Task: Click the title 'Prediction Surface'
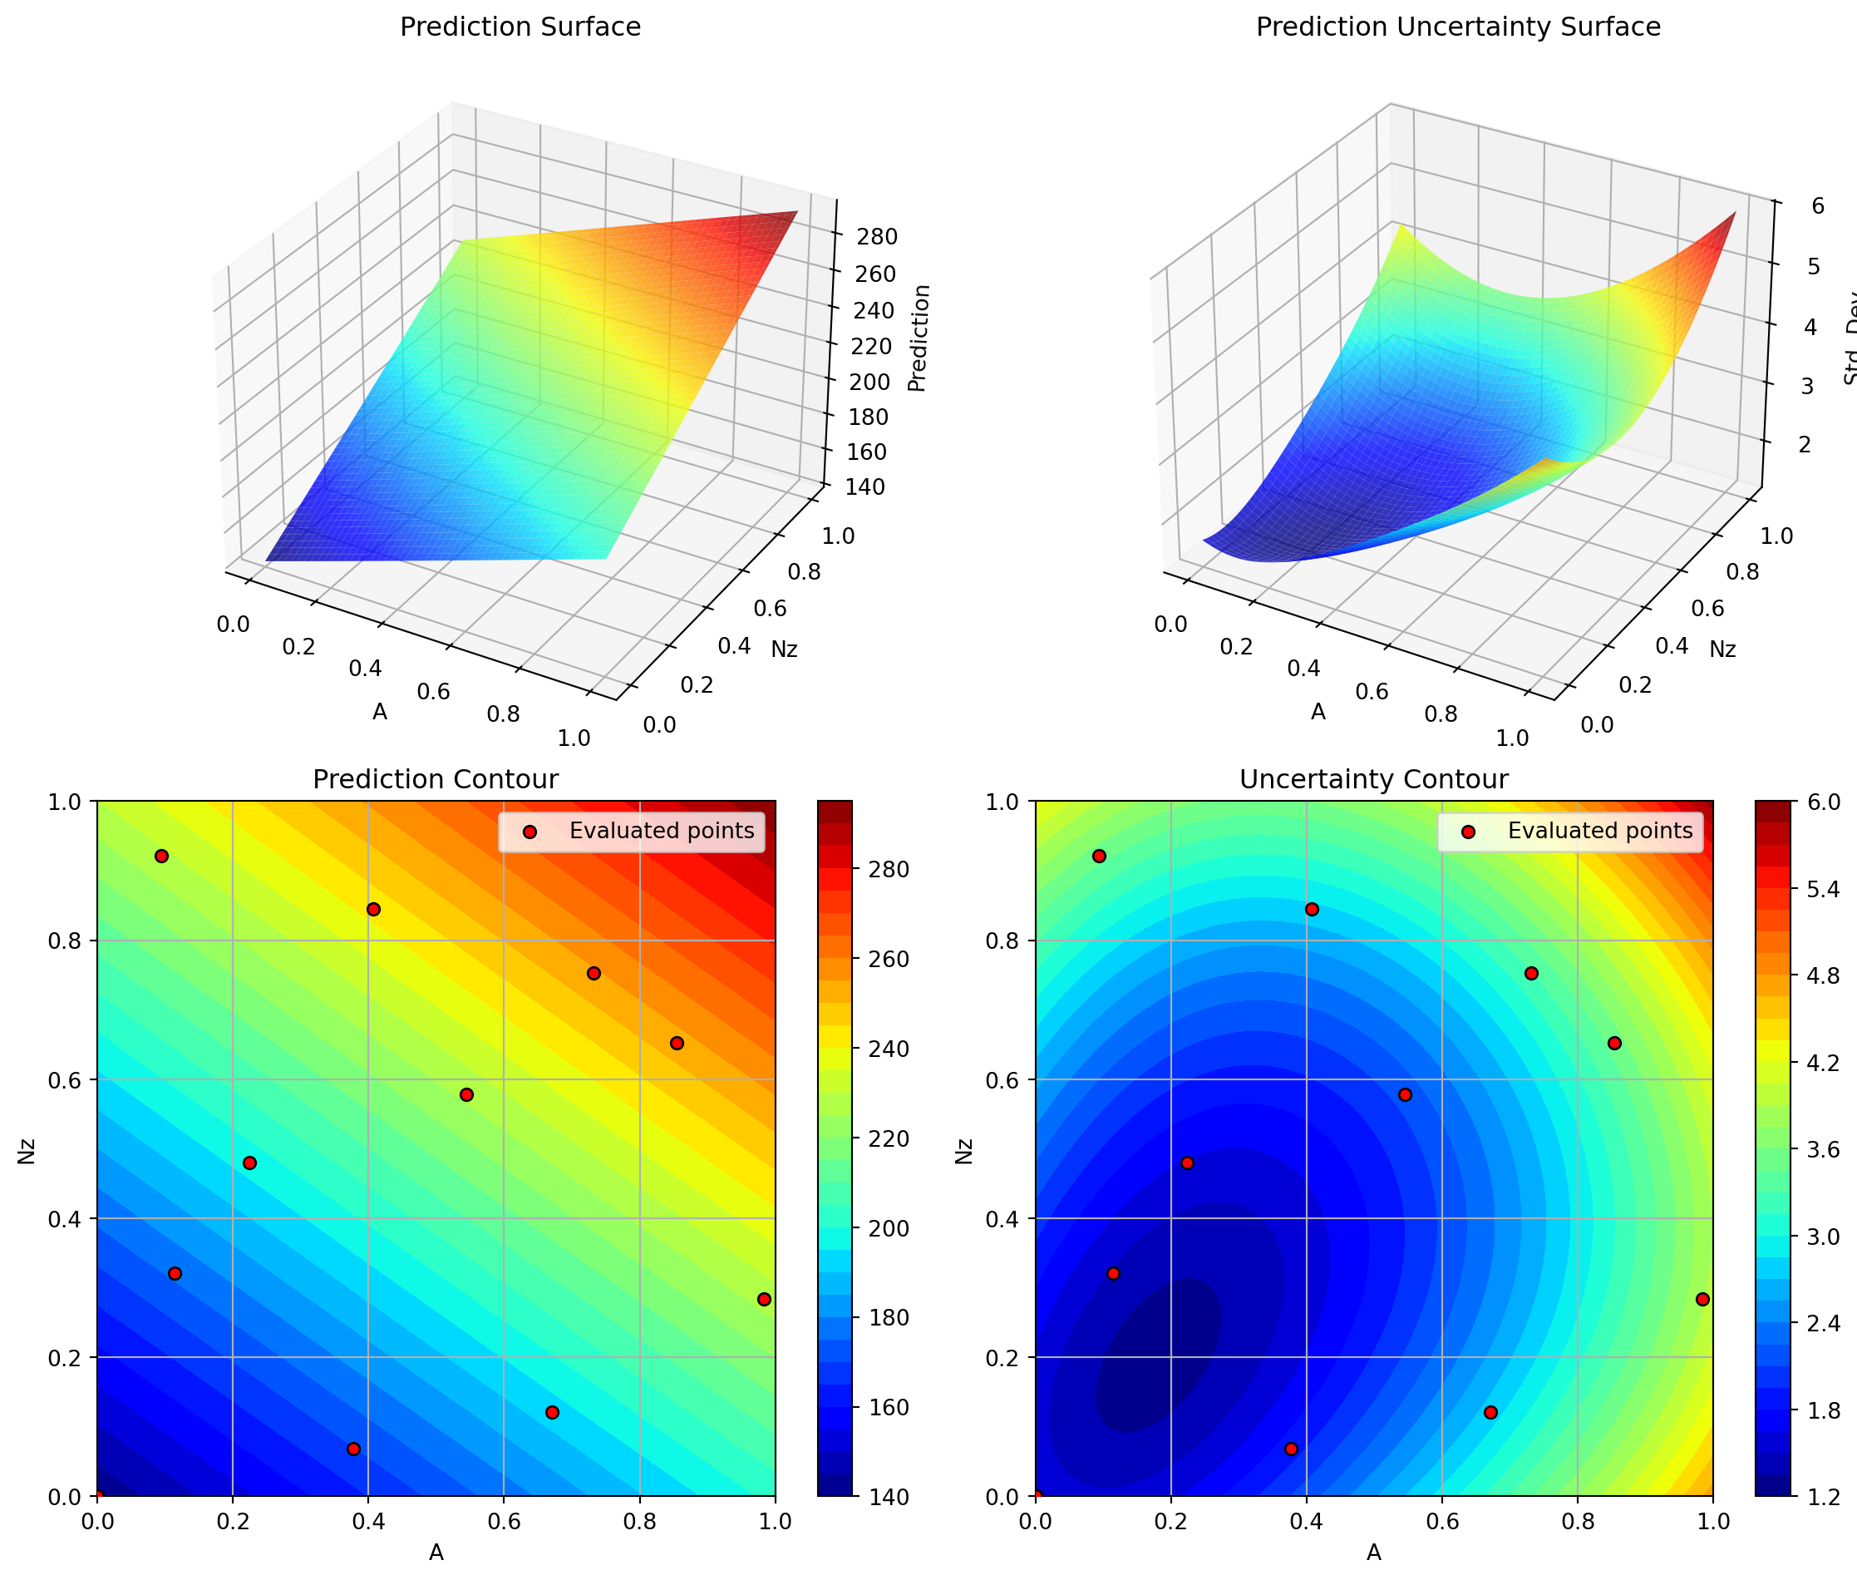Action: tap(520, 27)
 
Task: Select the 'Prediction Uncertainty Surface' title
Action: tap(1458, 27)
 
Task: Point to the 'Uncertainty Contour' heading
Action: tap(1373, 779)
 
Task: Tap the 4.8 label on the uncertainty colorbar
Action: tap(1827, 975)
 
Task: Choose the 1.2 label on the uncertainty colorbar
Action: tap(1827, 1497)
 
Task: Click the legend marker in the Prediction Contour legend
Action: tap(530, 832)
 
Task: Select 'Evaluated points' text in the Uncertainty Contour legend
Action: tap(1600, 832)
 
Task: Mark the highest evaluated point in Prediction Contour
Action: tap(162, 857)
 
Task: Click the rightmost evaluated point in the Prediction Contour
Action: tap(764, 1300)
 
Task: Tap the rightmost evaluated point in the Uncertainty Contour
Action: tap(1702, 1300)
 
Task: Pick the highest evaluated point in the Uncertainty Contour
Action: tap(1100, 857)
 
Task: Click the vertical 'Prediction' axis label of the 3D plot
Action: tap(919, 338)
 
